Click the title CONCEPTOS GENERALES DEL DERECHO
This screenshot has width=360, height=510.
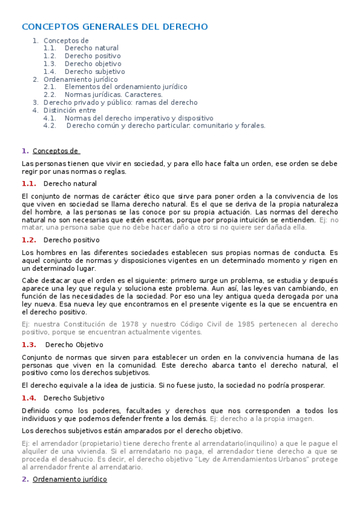click(x=115, y=26)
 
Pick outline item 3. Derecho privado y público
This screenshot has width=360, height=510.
click(x=120, y=103)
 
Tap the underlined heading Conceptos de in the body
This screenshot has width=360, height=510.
click(x=56, y=151)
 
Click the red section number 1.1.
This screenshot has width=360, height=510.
click(x=29, y=183)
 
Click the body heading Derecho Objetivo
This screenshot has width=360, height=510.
click(x=74, y=345)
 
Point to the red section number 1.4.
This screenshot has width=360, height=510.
click(x=29, y=398)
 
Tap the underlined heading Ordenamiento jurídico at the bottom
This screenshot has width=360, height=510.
click(x=70, y=479)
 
